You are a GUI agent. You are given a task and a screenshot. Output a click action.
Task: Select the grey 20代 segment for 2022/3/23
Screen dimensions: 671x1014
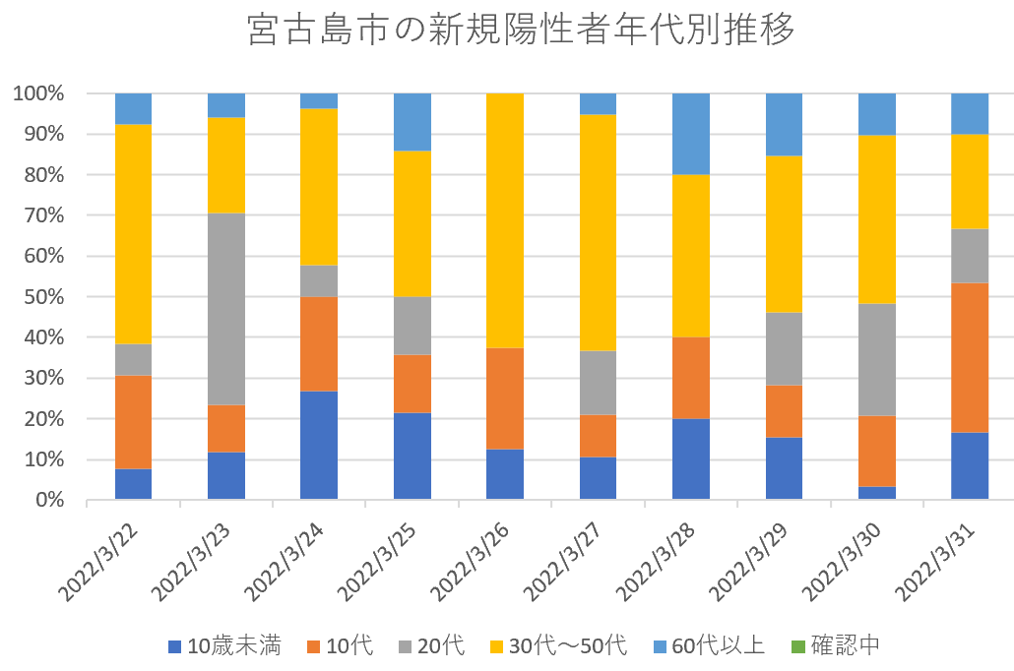(226, 309)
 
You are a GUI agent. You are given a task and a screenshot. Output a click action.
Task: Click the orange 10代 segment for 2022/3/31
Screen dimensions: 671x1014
(970, 357)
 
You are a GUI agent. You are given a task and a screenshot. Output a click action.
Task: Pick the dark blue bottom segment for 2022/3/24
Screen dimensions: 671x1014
(319, 445)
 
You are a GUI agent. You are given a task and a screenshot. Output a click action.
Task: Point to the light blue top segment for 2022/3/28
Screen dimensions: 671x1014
(691, 134)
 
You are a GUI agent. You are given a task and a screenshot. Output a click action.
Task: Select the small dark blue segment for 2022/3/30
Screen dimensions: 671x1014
(876, 493)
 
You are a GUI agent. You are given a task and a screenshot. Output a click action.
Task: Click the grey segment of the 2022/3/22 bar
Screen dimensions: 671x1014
(133, 359)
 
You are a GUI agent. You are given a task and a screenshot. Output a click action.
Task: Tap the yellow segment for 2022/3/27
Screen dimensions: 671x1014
(598, 232)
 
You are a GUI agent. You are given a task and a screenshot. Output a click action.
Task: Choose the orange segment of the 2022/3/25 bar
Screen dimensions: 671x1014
(412, 384)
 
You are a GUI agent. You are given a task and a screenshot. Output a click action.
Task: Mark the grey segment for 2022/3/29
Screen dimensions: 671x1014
(784, 348)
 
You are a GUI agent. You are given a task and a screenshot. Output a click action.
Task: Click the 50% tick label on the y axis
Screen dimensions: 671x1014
(38, 297)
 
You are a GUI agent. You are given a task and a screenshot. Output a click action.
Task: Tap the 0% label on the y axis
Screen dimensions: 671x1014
(43, 501)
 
